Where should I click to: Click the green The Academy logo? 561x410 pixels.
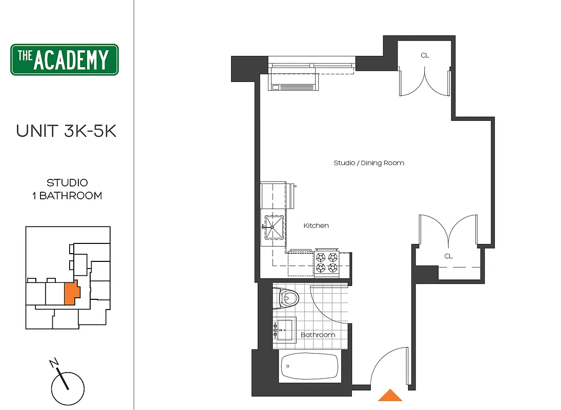65,59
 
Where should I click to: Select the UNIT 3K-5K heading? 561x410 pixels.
66,131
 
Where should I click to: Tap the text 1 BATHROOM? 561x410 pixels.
67,196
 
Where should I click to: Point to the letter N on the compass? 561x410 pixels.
54,363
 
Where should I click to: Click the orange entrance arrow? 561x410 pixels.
390,395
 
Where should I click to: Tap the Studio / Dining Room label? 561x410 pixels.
368,163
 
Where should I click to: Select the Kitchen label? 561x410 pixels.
316,225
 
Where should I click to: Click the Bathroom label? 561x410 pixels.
318,335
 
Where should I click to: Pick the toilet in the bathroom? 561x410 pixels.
287,298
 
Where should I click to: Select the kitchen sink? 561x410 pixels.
273,227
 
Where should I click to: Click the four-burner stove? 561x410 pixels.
327,263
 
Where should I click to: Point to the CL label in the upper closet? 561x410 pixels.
425,55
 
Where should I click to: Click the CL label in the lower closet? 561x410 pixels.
448,256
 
